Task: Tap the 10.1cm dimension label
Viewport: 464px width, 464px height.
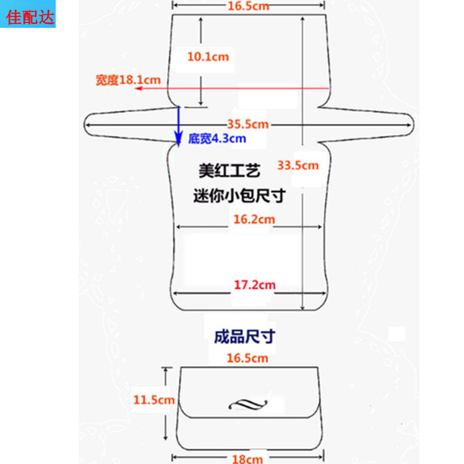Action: (x=207, y=57)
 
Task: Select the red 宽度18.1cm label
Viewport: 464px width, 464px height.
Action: (x=128, y=80)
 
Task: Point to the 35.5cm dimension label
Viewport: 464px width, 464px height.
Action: (x=247, y=124)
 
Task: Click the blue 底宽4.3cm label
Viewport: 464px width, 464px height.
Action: (x=217, y=139)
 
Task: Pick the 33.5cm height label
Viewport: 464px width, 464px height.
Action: (x=298, y=165)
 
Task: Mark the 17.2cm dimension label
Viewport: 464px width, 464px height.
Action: (x=255, y=285)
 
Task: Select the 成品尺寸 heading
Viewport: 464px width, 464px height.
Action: (x=244, y=337)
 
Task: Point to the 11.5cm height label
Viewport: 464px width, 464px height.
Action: (x=153, y=400)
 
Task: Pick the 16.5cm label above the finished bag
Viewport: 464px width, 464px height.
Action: (x=247, y=358)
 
